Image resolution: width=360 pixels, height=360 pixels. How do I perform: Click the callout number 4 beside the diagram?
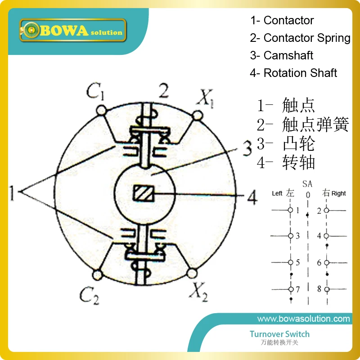click(x=253, y=196)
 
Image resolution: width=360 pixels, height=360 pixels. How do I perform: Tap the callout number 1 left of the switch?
click(x=13, y=194)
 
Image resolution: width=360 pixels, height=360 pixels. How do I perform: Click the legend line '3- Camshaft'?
click(x=282, y=55)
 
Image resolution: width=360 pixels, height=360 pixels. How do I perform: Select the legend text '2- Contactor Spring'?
click(x=300, y=38)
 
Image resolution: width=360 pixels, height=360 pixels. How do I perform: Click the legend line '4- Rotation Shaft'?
click(x=293, y=73)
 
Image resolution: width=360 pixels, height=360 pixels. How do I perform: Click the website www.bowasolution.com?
click(x=303, y=319)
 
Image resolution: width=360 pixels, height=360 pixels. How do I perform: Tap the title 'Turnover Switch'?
click(x=279, y=334)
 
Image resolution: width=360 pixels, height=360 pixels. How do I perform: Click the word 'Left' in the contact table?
click(x=277, y=193)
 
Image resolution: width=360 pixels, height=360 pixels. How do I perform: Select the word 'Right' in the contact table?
click(x=339, y=193)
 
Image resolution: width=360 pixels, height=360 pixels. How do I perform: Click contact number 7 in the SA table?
click(x=297, y=289)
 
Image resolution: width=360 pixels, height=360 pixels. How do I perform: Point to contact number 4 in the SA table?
click(x=319, y=236)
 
